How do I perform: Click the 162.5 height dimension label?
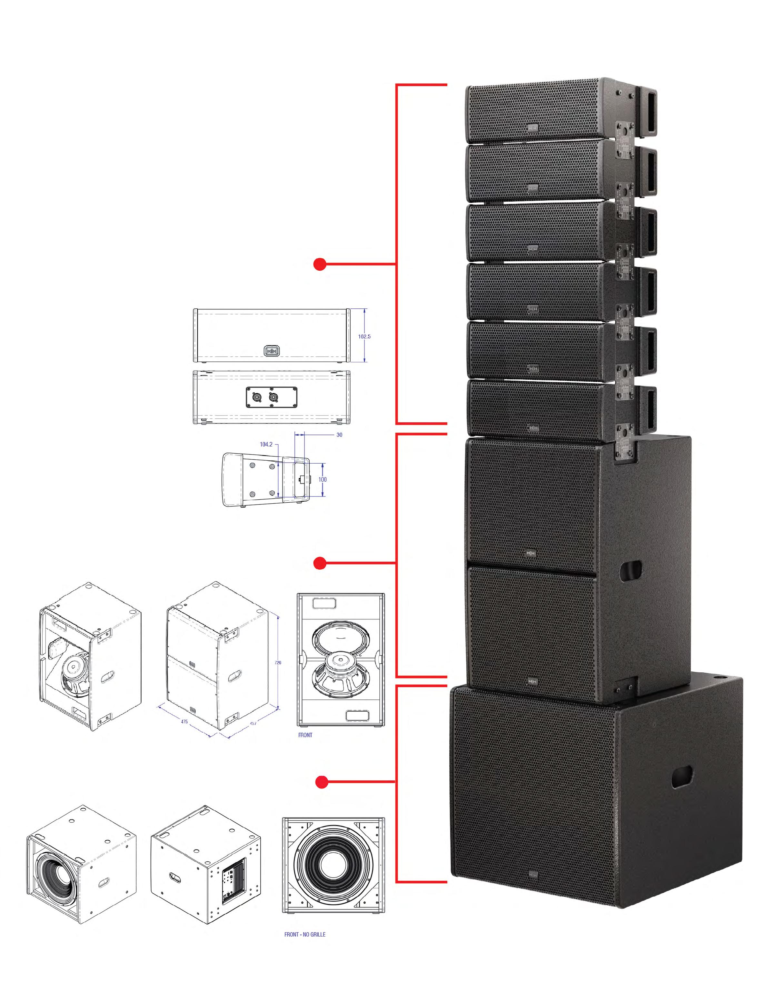[x=364, y=336]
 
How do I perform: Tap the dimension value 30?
[x=339, y=435]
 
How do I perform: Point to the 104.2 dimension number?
[x=266, y=444]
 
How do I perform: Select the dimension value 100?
[x=322, y=479]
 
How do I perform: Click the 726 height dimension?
[x=278, y=663]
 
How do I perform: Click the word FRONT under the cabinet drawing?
[x=305, y=735]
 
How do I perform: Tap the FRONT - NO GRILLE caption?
[x=305, y=934]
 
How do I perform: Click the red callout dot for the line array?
[x=320, y=265]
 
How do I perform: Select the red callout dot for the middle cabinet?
[x=320, y=563]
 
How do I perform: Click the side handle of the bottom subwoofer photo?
[x=682, y=778]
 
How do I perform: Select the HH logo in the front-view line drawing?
[x=272, y=350]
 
